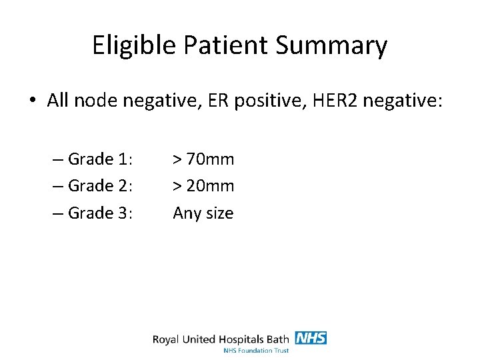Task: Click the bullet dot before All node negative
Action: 32,101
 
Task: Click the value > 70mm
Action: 203,159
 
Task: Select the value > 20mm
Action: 203,185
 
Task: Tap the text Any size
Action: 203,213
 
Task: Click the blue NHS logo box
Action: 311,338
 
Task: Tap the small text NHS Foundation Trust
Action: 256,350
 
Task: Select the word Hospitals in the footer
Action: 239,339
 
